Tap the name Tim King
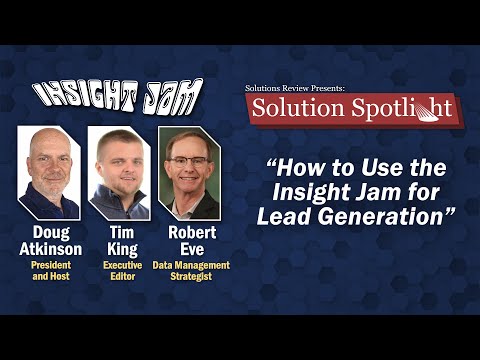118,240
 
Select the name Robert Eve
190,240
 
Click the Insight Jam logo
118,96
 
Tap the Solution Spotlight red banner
352,108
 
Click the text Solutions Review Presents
295,88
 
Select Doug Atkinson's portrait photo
49,173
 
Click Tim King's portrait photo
118,173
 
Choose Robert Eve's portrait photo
189,173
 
